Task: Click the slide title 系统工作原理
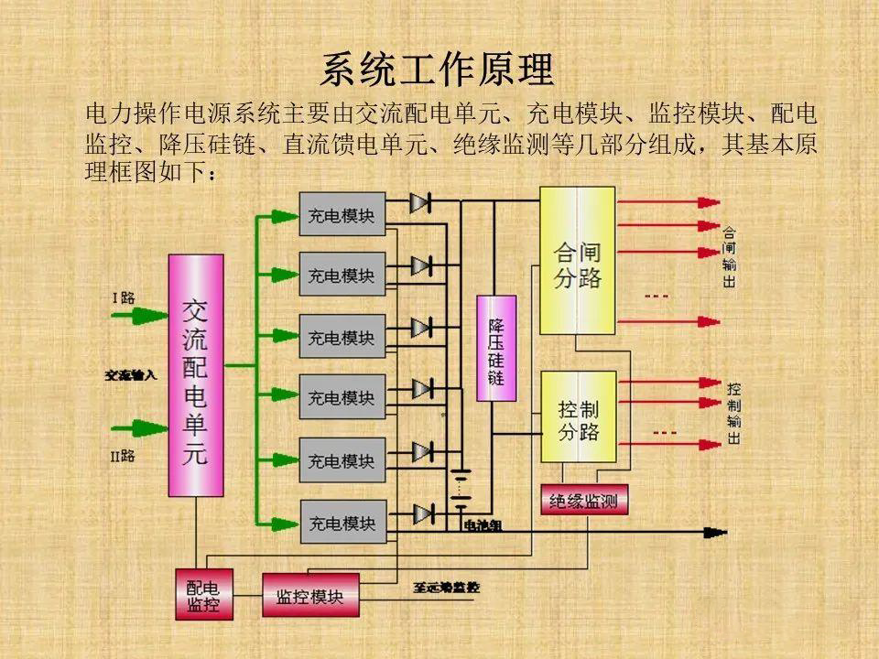point(438,70)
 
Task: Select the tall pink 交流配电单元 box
point(195,375)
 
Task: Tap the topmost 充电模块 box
point(342,215)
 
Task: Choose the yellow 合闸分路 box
point(578,262)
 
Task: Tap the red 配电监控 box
point(204,595)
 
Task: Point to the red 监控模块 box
point(309,596)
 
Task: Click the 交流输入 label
point(132,375)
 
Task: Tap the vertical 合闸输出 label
point(730,257)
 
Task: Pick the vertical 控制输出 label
point(733,413)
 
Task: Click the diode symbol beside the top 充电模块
point(420,202)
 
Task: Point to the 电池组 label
point(483,525)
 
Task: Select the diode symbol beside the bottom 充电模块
point(421,513)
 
